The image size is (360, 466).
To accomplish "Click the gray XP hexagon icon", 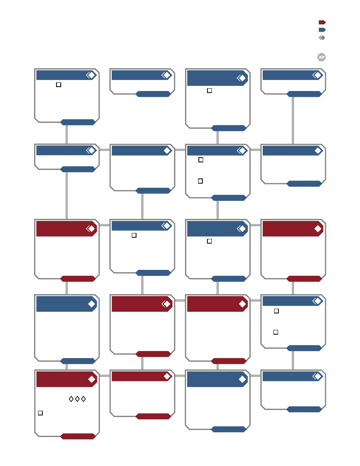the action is click(322, 57).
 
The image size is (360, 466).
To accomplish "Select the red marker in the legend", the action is click(322, 22).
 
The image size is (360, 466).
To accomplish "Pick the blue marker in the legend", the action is click(322, 30).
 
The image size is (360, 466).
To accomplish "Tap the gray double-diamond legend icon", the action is click(322, 38).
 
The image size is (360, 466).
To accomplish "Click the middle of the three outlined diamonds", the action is click(77, 399).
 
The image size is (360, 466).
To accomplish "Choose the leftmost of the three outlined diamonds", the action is click(71, 399).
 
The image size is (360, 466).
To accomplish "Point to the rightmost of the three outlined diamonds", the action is click(84, 399).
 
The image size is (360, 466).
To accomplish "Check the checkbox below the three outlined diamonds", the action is click(40, 413).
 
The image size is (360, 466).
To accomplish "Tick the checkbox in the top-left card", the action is click(58, 85).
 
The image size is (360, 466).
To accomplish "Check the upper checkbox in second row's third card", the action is click(201, 160).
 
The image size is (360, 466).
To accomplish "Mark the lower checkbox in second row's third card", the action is click(200, 181).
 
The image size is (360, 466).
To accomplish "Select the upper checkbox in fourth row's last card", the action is click(276, 311).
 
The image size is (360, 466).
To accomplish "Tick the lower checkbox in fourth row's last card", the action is click(276, 332).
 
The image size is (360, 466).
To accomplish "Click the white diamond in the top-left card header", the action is click(92, 75).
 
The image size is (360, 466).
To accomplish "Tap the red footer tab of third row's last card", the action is click(304, 279).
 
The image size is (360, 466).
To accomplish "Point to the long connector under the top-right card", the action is click(293, 121).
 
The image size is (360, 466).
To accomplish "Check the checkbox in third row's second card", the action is click(134, 235).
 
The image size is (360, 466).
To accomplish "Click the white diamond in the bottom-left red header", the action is click(92, 379).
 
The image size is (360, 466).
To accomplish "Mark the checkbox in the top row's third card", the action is click(209, 91).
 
